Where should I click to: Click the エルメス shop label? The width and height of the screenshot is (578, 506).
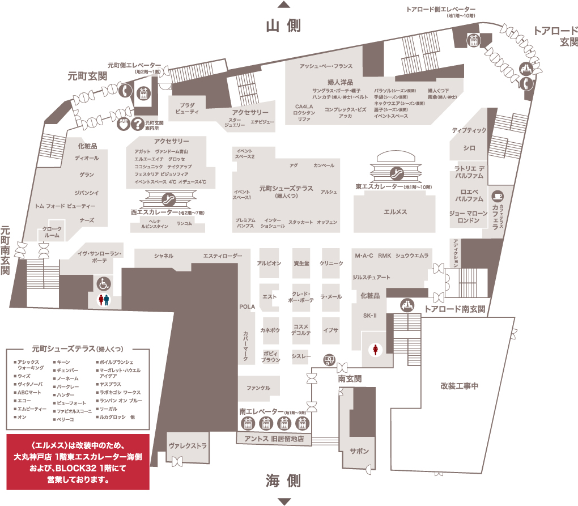click(396, 211)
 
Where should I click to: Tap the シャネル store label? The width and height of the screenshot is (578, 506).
click(164, 256)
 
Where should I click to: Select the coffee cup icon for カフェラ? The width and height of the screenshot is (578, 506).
click(498, 195)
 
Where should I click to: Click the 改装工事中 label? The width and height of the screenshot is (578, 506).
click(459, 386)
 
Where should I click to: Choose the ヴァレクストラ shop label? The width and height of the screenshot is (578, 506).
click(188, 446)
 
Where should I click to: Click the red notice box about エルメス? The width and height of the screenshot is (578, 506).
click(78, 462)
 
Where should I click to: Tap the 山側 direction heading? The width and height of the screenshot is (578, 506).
click(283, 25)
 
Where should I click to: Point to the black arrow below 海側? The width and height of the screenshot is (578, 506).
click(283, 501)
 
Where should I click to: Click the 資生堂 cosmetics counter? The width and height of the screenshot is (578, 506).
click(301, 263)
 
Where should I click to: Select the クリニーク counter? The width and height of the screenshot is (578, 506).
click(331, 263)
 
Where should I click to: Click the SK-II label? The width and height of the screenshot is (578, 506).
click(369, 315)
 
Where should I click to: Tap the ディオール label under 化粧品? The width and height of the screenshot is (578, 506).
click(87, 158)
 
